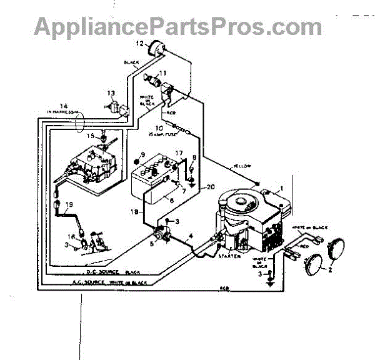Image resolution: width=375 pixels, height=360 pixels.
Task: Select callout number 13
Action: [111, 94]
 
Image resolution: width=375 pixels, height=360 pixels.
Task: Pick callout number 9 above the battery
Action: [142, 155]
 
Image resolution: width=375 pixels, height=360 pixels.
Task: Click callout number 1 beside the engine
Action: [281, 187]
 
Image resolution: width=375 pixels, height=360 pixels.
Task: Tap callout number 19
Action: [69, 204]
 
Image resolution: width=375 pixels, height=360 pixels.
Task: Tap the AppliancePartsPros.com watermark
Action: [178, 26]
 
